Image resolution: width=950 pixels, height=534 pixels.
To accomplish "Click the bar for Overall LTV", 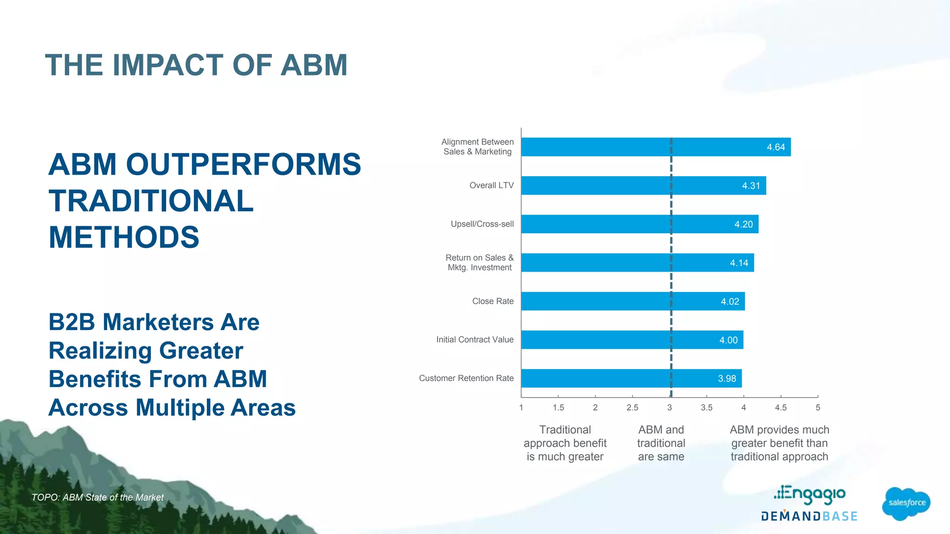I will tap(643, 185).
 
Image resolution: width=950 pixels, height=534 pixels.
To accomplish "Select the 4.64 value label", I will tap(776, 147).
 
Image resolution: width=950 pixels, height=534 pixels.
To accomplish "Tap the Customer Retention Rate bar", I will tap(631, 378).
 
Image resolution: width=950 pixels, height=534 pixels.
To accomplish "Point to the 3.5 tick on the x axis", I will tap(706, 407).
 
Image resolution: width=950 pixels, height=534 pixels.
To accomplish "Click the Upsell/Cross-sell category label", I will tap(482, 224).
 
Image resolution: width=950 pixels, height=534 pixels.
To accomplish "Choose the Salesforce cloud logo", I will tap(906, 503).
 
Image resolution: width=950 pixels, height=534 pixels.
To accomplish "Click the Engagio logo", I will tap(810, 495).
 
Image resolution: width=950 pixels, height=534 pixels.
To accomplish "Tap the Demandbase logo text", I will tap(809, 516).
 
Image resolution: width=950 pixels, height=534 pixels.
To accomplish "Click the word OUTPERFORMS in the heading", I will tap(243, 165).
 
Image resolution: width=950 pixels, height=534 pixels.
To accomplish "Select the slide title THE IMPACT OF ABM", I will tap(196, 65).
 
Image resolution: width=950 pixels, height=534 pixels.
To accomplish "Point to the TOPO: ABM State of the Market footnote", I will tap(97, 497).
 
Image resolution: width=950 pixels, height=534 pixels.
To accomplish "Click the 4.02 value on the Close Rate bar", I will tap(730, 302).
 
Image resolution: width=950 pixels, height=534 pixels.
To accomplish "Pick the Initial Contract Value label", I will tap(475, 340).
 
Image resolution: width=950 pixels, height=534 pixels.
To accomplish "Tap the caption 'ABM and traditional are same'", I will tap(661, 443).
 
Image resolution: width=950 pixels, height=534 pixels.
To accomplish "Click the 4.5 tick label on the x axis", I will tap(781, 407).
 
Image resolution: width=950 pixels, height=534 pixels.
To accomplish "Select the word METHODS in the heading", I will tap(124, 237).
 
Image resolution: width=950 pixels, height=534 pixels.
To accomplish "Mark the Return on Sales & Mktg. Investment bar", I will tap(637, 263).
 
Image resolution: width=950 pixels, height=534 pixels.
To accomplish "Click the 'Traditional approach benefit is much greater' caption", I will tap(565, 443).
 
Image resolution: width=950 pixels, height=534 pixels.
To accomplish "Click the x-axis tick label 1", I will tap(521, 407).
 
